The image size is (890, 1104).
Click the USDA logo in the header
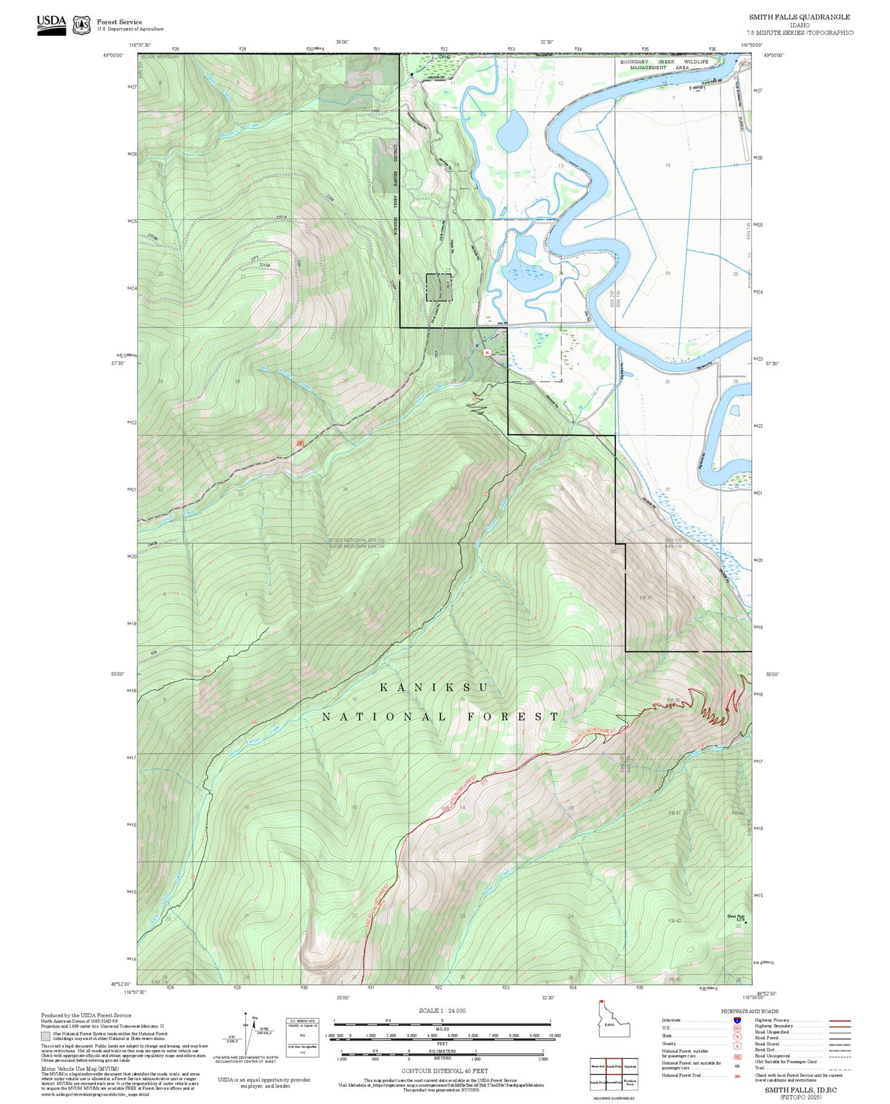[51, 22]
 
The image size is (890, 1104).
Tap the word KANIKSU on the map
[434, 687]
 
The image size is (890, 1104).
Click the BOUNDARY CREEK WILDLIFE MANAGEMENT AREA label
[664, 65]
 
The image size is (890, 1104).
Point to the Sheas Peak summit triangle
[746, 922]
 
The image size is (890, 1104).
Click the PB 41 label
[674, 813]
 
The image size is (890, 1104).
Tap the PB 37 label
[645, 598]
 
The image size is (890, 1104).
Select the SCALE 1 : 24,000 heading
[442, 1011]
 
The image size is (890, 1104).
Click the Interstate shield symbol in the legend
[737, 1020]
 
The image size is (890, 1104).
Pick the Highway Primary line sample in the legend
[839, 1020]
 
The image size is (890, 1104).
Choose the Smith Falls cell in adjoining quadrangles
[613, 1066]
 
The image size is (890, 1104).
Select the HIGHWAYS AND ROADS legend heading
[750, 1011]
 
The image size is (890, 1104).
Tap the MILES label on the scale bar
[442, 1028]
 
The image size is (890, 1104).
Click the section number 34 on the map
[345, 489]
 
